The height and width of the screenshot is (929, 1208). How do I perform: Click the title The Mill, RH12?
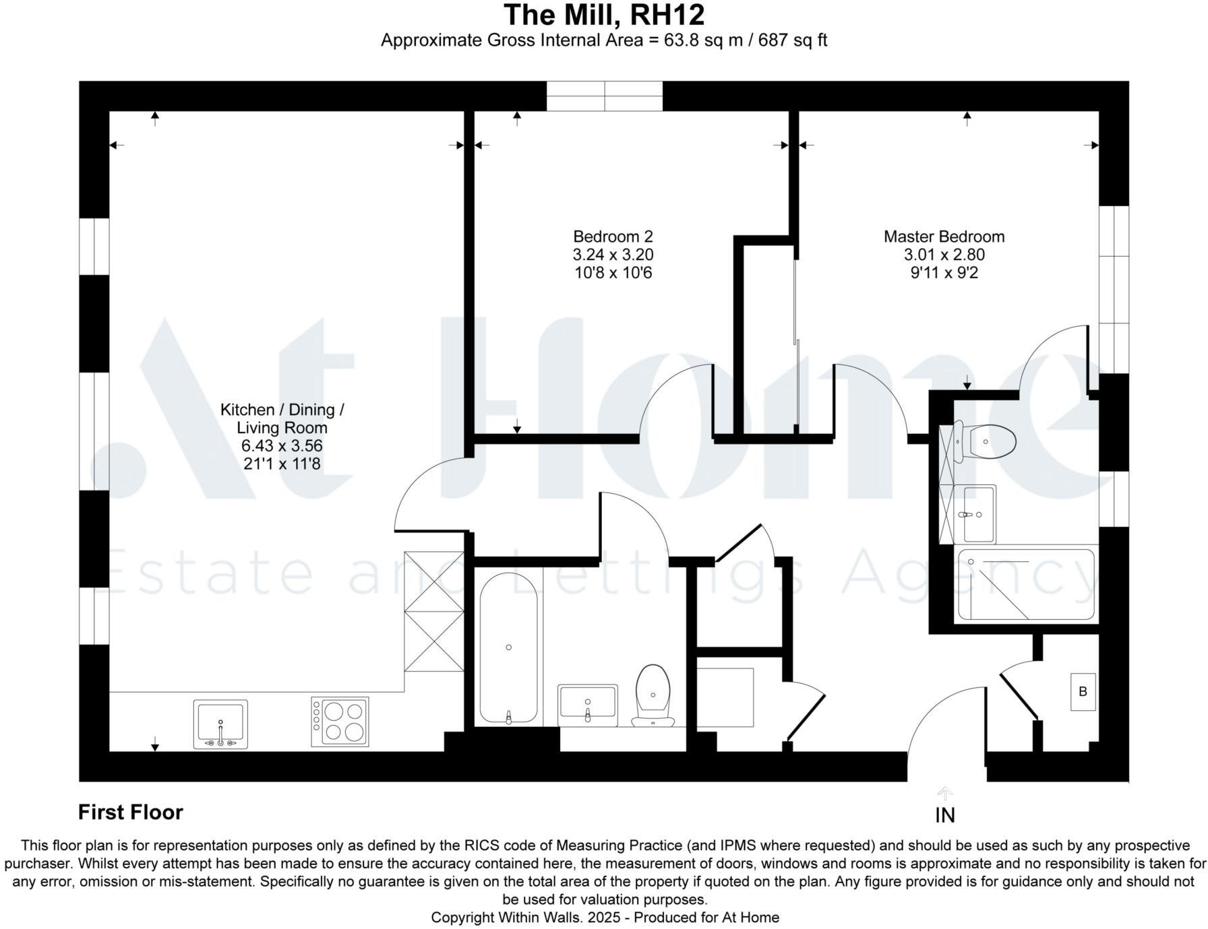(604, 15)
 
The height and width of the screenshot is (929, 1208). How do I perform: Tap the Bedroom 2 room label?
(613, 236)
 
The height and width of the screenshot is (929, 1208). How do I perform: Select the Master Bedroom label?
(944, 236)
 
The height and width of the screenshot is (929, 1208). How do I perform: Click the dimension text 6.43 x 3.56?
(282, 445)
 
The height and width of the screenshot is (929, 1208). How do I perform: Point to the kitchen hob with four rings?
(340, 722)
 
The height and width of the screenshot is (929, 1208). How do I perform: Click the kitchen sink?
(220, 724)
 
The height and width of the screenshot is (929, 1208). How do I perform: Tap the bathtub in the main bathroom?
(508, 648)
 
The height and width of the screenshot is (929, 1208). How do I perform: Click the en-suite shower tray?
(1025, 585)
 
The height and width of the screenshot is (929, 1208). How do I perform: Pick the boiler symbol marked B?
(1083, 691)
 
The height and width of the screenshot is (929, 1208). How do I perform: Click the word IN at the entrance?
(944, 816)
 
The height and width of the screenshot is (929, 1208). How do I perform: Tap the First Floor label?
(131, 812)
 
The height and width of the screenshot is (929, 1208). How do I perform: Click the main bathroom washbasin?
(587, 703)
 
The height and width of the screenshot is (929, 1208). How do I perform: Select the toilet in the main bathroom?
(653, 694)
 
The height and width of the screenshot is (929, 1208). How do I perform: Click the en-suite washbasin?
(976, 514)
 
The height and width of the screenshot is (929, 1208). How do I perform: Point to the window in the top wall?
(604, 96)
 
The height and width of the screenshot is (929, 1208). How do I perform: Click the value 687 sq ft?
(793, 40)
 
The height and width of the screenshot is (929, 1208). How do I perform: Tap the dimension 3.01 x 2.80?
(944, 255)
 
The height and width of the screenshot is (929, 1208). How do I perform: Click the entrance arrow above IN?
(944, 793)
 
